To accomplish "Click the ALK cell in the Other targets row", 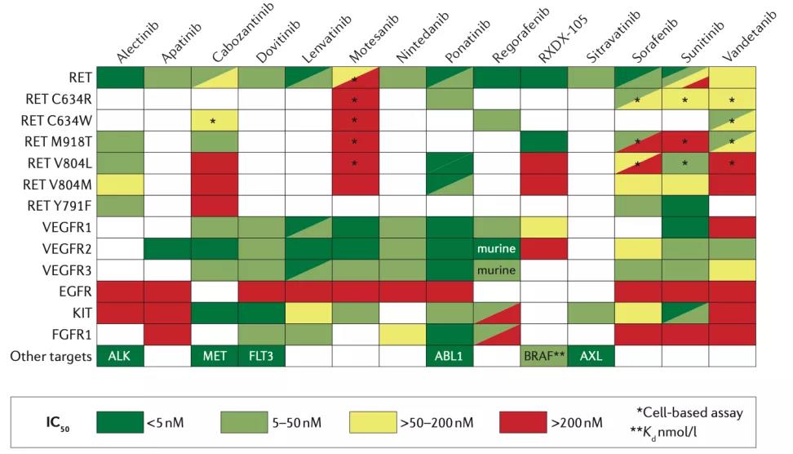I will click(x=120, y=357).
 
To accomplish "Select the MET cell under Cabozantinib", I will click(x=215, y=357).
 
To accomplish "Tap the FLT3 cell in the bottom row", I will click(x=261, y=357).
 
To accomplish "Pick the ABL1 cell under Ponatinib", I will click(x=449, y=357).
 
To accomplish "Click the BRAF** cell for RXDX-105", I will click(x=543, y=357).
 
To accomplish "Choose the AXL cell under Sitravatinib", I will click(x=590, y=357).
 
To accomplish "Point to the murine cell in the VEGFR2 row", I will click(x=496, y=246).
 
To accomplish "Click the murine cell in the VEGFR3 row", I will click(x=496, y=269).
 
